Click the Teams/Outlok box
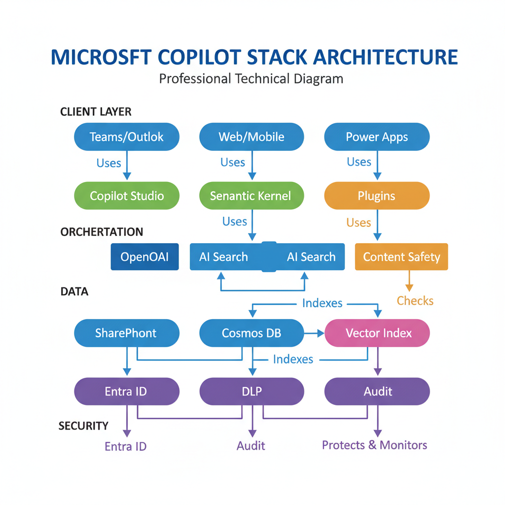[126, 137]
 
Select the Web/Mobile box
[252, 137]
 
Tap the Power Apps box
[377, 137]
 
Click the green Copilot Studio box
[126, 196]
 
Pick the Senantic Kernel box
[252, 196]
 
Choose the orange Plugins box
[377, 196]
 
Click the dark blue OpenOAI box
[144, 257]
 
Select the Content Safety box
[401, 257]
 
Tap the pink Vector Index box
[378, 333]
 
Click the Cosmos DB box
[252, 333]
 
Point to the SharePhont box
[126, 333]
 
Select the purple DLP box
[252, 392]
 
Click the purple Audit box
[377, 392]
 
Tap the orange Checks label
[415, 301]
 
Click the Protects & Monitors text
[374, 445]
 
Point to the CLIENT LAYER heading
[96, 111]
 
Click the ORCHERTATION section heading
[102, 232]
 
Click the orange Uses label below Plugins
[359, 222]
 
